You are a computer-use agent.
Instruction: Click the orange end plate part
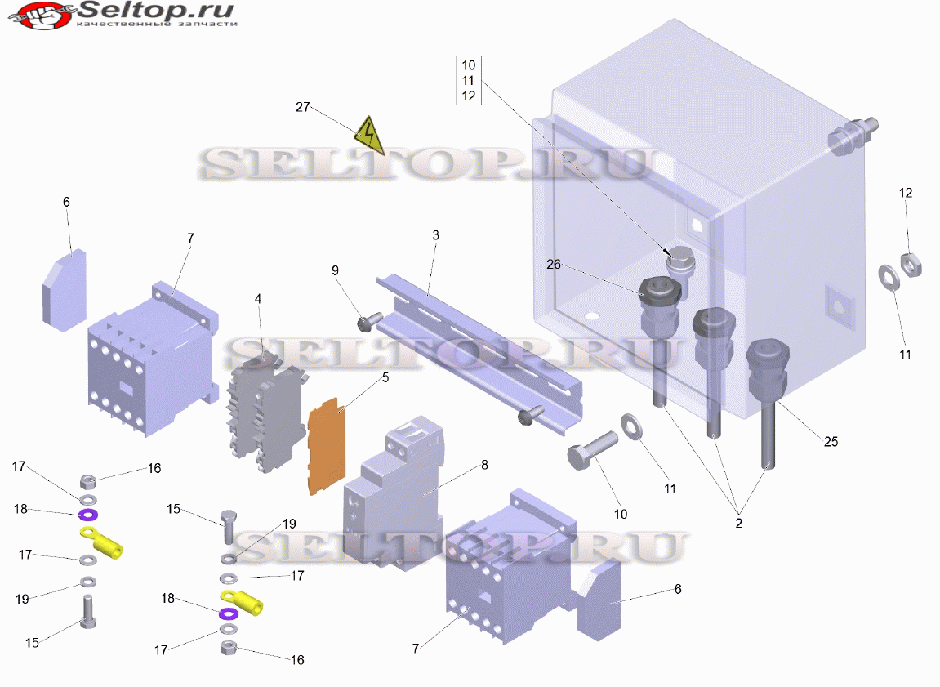tap(327, 446)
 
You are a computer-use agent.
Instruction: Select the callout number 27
tap(303, 107)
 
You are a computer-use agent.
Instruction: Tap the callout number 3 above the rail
tap(436, 235)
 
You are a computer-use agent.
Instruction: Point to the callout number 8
tap(484, 465)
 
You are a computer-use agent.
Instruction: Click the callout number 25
tap(831, 442)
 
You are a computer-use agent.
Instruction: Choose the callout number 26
tap(554, 264)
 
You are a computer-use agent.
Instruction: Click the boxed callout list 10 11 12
tap(468, 80)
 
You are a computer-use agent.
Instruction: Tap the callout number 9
tap(335, 270)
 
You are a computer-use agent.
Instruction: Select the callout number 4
tap(258, 298)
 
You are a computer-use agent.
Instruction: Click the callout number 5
tap(385, 377)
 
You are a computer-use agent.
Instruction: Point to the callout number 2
tap(738, 524)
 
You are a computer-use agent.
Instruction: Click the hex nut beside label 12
tap(911, 265)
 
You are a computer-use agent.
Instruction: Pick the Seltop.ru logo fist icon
tap(42, 15)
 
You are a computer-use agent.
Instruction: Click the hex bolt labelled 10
tap(592, 450)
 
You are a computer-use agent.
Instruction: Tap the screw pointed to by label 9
tap(369, 321)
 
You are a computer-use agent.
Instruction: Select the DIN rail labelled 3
tap(479, 354)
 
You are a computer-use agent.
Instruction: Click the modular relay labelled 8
tap(394, 492)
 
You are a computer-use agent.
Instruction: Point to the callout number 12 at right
tap(905, 193)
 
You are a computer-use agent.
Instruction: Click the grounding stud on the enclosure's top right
tap(853, 136)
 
